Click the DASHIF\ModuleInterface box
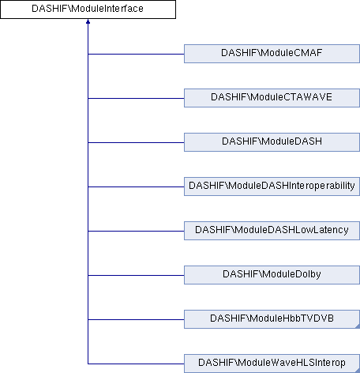(88, 9)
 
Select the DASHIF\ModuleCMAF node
(272, 54)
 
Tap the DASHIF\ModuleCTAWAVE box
(272, 98)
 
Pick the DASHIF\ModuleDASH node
(272, 142)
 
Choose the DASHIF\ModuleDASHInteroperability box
(272, 186)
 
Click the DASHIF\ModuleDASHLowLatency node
(272, 231)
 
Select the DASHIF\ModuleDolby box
(272, 275)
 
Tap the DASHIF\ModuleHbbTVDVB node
(272, 319)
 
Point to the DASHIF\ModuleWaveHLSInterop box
(272, 364)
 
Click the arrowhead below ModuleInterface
(88, 21)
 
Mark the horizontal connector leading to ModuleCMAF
(136, 54)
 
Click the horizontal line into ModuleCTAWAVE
(136, 98)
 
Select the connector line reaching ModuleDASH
(136, 142)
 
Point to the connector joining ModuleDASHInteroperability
(136, 186)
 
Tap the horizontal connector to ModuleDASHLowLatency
(136, 231)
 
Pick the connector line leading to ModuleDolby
(136, 275)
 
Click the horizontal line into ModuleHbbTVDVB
(136, 319)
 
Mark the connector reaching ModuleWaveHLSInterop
(136, 364)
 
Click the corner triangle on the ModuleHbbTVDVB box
(358, 327)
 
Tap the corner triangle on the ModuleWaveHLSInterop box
(358, 371)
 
